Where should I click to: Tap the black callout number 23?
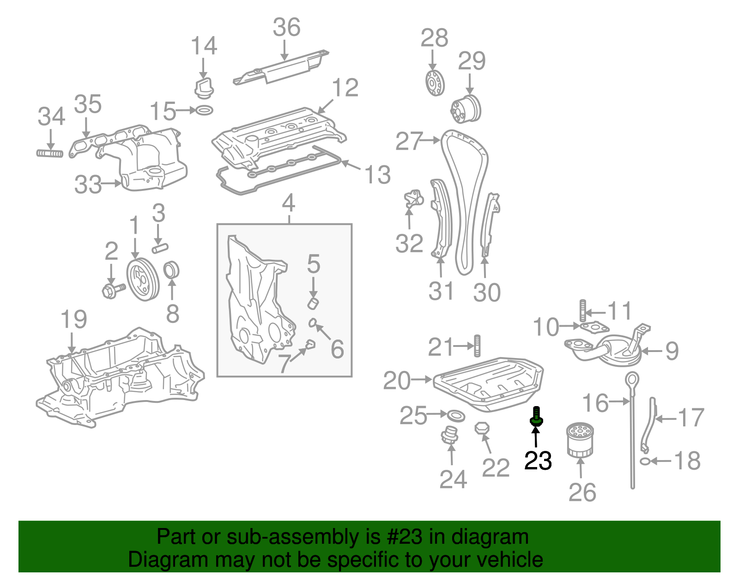538,461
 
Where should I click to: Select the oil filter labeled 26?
580,441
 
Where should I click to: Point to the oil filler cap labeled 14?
203,88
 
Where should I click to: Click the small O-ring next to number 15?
205,110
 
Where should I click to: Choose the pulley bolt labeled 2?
112,290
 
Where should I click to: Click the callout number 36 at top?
286,28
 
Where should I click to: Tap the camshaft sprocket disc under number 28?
434,83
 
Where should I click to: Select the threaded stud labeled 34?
50,153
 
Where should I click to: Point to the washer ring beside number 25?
456,415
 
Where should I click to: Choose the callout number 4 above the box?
289,203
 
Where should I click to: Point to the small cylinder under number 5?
314,304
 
